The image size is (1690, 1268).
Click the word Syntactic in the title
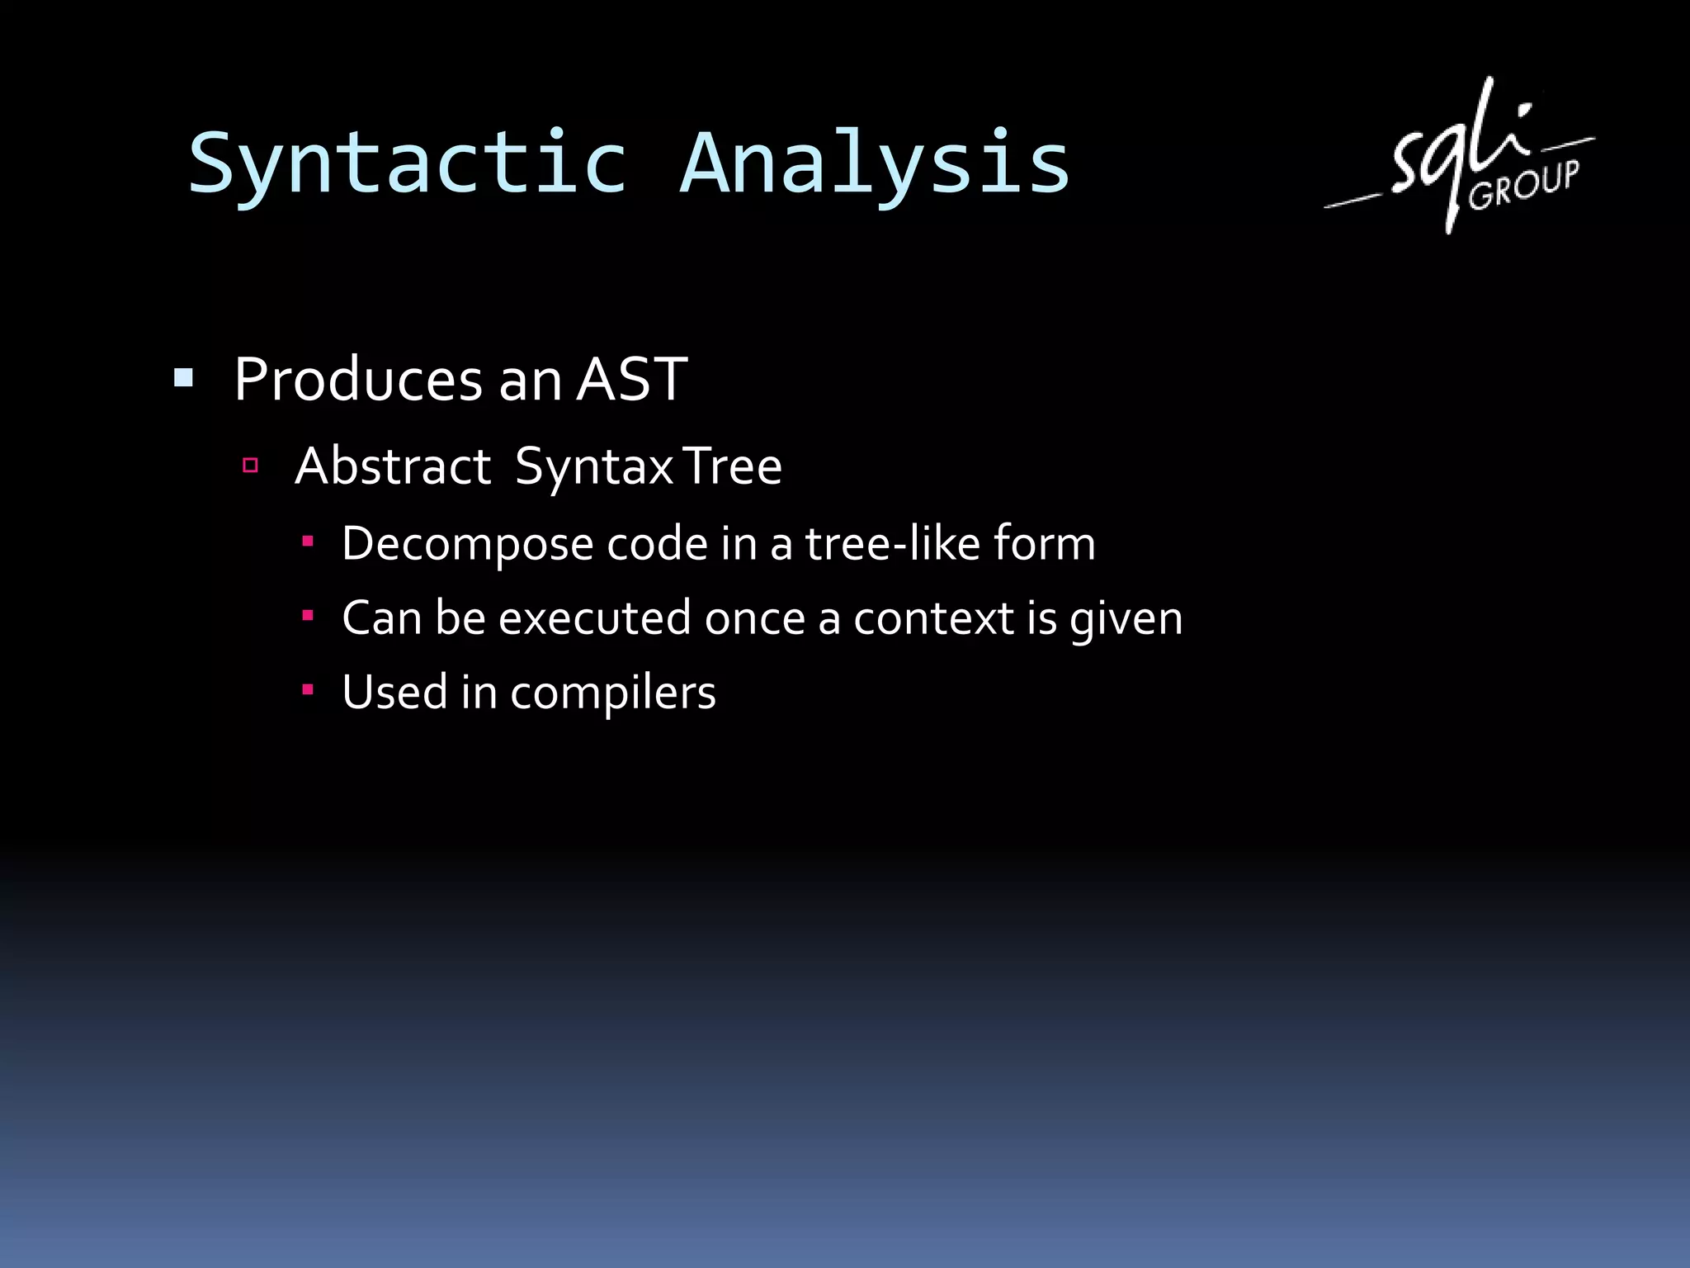pyautogui.click(x=408, y=165)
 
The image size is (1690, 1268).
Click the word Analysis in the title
pyautogui.click(x=875, y=165)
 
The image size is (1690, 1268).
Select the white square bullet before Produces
pyautogui.click(x=183, y=379)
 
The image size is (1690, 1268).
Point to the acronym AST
pyautogui.click(x=631, y=380)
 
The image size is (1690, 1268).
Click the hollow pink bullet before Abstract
pyautogui.click(x=251, y=466)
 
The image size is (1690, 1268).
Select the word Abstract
pyautogui.click(x=393, y=466)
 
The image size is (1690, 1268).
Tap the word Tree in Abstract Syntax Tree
pyautogui.click(x=733, y=466)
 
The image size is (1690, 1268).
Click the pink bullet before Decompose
pyautogui.click(x=308, y=542)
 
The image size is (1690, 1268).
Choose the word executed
pyautogui.click(x=594, y=618)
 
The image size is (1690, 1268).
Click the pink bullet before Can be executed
pyautogui.click(x=308, y=616)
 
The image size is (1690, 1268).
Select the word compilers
pyautogui.click(x=612, y=693)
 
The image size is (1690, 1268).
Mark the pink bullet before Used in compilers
pyautogui.click(x=308, y=690)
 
